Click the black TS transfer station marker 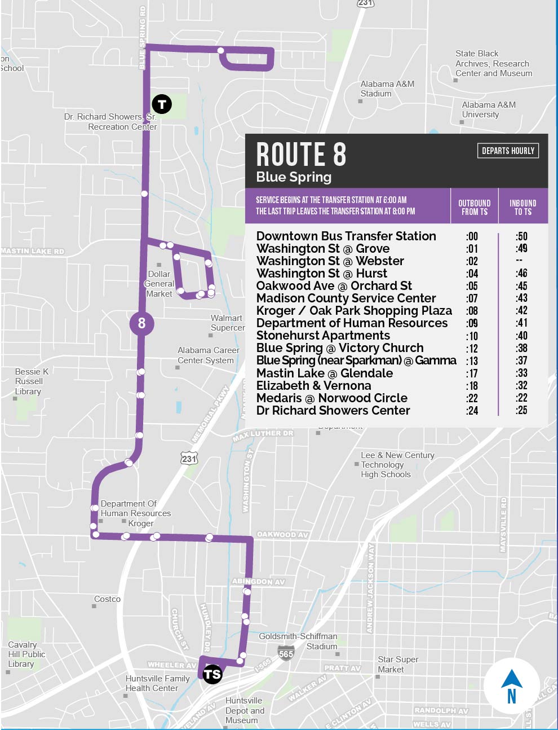(212, 674)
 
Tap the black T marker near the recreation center (162, 104)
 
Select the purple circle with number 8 (141, 323)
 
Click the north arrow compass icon (511, 685)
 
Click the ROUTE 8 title (301, 154)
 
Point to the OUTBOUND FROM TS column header (474, 207)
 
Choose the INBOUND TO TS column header (522, 207)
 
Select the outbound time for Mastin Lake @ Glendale (472, 373)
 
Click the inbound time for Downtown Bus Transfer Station (521, 236)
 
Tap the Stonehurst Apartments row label (323, 336)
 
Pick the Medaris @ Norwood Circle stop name (331, 398)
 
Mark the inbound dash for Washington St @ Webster (519, 261)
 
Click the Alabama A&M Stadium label (387, 89)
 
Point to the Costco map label (107, 599)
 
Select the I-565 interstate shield (286, 653)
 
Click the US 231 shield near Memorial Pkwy (189, 458)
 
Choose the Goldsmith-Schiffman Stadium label (298, 641)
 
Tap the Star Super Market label (398, 664)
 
